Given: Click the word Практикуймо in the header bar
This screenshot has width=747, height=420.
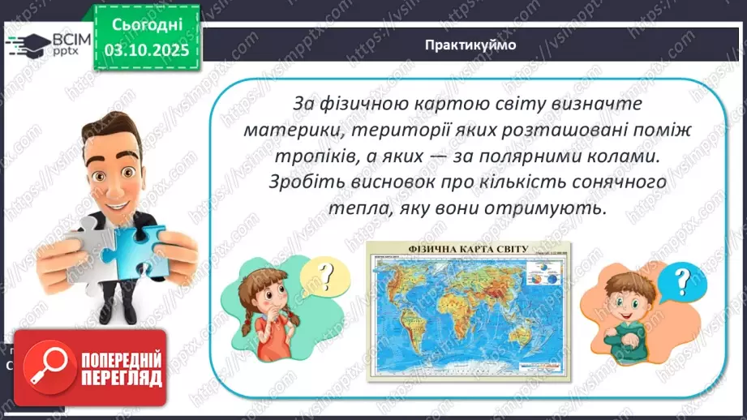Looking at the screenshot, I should coord(470,45).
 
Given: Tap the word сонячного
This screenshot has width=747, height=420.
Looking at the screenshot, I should coord(625,182).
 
